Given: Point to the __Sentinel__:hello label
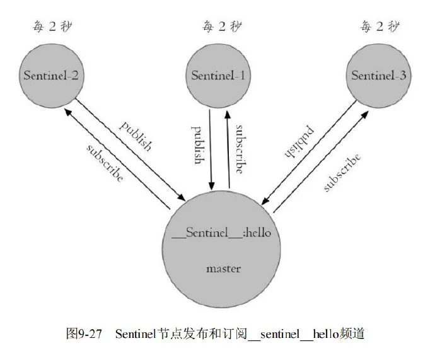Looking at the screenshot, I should (221, 233).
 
